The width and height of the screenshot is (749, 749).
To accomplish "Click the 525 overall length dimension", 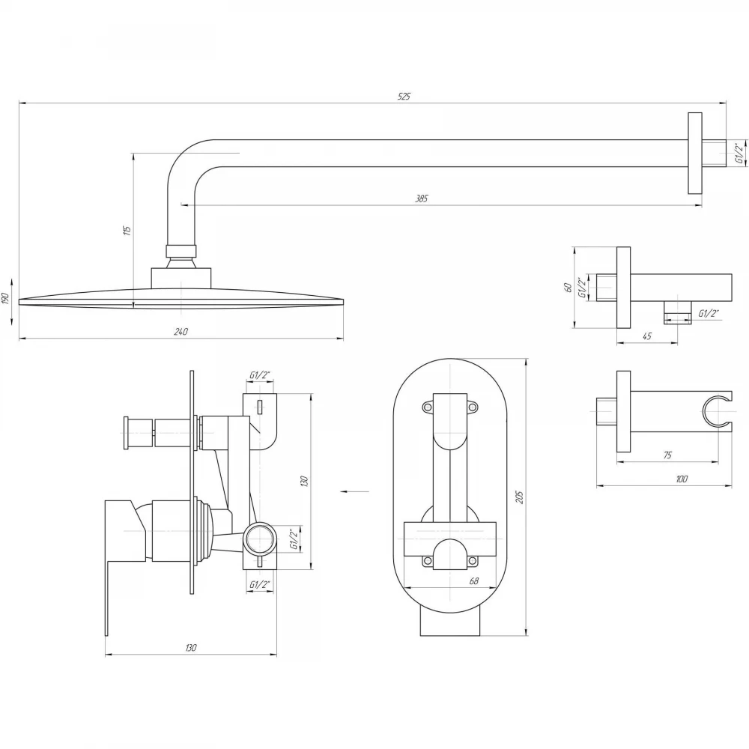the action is (404, 97).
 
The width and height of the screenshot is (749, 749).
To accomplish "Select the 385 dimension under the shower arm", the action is (421, 198).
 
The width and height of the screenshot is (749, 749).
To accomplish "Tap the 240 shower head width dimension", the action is (181, 332).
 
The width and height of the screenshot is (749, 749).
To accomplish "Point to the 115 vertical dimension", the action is (127, 230).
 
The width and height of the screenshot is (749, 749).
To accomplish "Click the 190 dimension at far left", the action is (6, 299).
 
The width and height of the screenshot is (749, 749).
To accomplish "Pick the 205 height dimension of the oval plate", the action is (520, 497).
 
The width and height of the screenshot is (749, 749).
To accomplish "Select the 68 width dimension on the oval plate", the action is (474, 581).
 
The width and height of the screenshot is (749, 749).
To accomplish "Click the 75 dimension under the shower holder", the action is (667, 455).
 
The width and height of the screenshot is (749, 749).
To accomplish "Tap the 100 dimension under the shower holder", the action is (682, 479).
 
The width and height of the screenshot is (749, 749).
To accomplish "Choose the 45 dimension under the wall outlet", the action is (646, 336).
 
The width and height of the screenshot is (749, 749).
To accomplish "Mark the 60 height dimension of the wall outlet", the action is (568, 288).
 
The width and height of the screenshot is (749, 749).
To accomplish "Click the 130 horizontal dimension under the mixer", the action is (190, 648).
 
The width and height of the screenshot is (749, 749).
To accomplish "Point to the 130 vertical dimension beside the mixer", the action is (305, 481).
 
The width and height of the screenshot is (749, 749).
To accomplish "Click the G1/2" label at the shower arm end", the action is (739, 153).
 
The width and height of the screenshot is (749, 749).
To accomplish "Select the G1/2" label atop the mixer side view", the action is (261, 375).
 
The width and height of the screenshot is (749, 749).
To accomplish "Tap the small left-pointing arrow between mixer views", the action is (355, 491).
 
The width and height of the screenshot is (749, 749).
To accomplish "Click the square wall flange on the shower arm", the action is (695, 154).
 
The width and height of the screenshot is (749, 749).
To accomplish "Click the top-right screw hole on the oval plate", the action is (472, 407).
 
